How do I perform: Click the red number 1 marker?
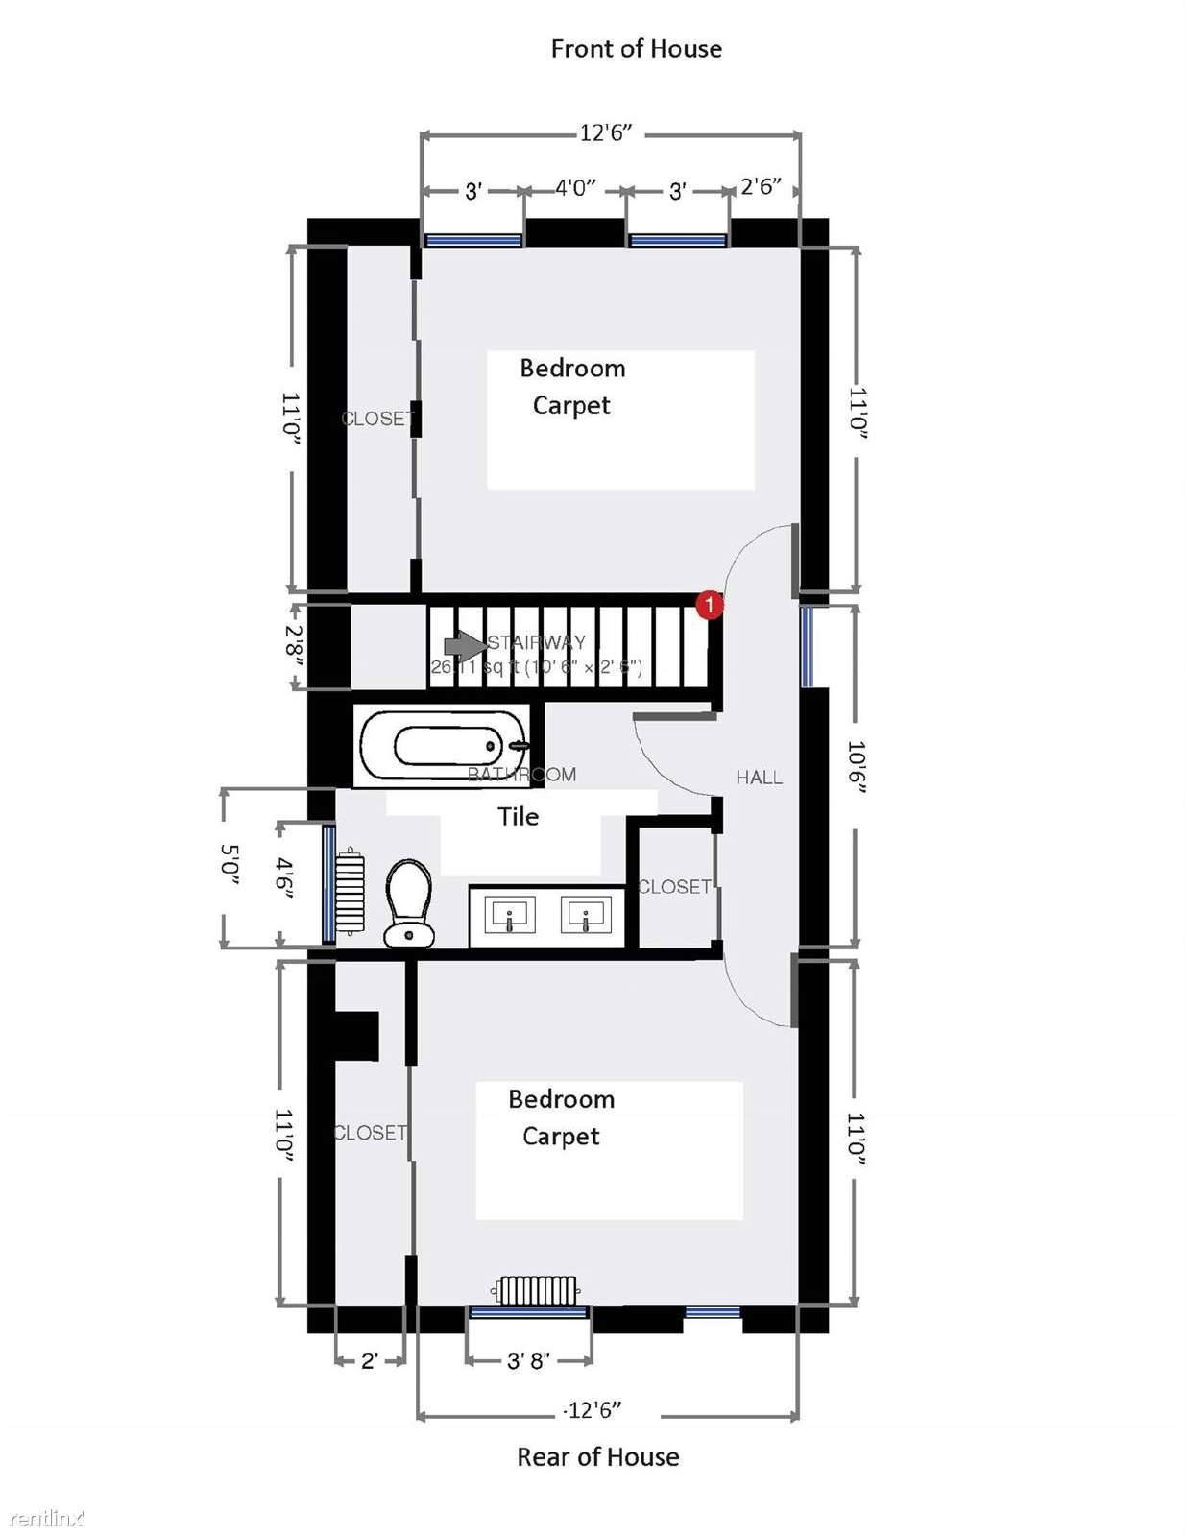coord(709,606)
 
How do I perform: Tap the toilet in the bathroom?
coord(409,902)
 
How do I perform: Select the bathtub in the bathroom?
coord(442,746)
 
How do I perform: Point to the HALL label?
coord(759,778)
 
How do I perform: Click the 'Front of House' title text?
coord(636,49)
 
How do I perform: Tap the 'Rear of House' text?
coord(597,1457)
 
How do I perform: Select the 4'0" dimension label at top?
coord(575,187)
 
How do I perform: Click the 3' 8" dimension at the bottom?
coord(528,1360)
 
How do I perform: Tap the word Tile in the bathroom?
coord(518,817)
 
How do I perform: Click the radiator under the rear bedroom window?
coord(538,1290)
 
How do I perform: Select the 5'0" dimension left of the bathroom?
coord(230,864)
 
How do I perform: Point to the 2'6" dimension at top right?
coord(761,186)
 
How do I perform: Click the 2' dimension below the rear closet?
coord(370,1360)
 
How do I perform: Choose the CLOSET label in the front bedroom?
coord(377,419)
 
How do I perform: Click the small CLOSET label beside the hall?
coord(674,887)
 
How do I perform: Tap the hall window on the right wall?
coord(807,646)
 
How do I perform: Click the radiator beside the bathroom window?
coord(351,891)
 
